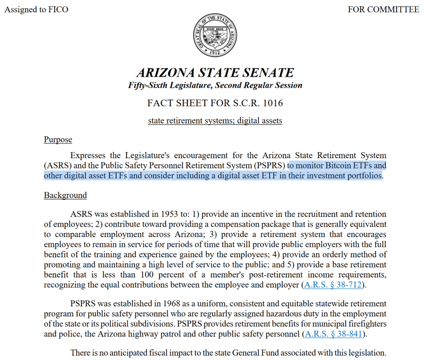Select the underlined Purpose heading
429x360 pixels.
coord(58,140)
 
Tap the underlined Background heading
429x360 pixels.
coord(65,196)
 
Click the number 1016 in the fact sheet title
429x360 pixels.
coord(272,103)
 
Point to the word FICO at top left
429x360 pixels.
coord(58,9)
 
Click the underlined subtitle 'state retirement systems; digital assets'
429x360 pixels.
coord(215,121)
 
